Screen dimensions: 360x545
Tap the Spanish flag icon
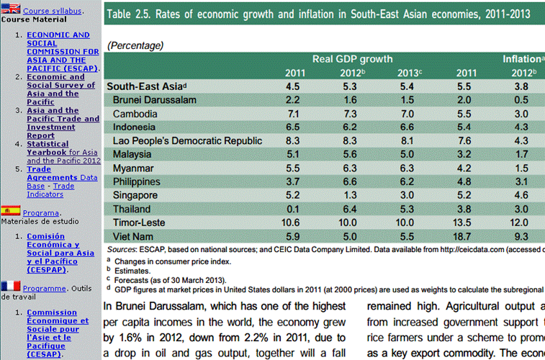pyautogui.click(x=10, y=210)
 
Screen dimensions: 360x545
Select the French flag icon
pyautogui.click(x=10, y=286)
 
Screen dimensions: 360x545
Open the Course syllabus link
pyautogui.click(x=53, y=12)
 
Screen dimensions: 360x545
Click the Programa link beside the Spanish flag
pyautogui.click(x=40, y=213)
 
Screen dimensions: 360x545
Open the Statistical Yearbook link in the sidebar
pyautogui.click(x=48, y=144)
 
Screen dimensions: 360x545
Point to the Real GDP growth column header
pyautogui.click(x=352, y=58)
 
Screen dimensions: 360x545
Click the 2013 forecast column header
pyautogui.click(x=410, y=73)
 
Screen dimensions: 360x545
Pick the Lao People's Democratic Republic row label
pyautogui.click(x=187, y=141)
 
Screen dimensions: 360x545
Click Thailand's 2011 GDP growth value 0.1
pyautogui.click(x=292, y=209)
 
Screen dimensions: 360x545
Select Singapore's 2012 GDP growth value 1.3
pyautogui.click(x=351, y=195)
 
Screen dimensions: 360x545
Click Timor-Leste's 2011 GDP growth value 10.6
pyautogui.click(x=292, y=222)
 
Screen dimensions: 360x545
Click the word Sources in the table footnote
pyautogui.click(x=121, y=249)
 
